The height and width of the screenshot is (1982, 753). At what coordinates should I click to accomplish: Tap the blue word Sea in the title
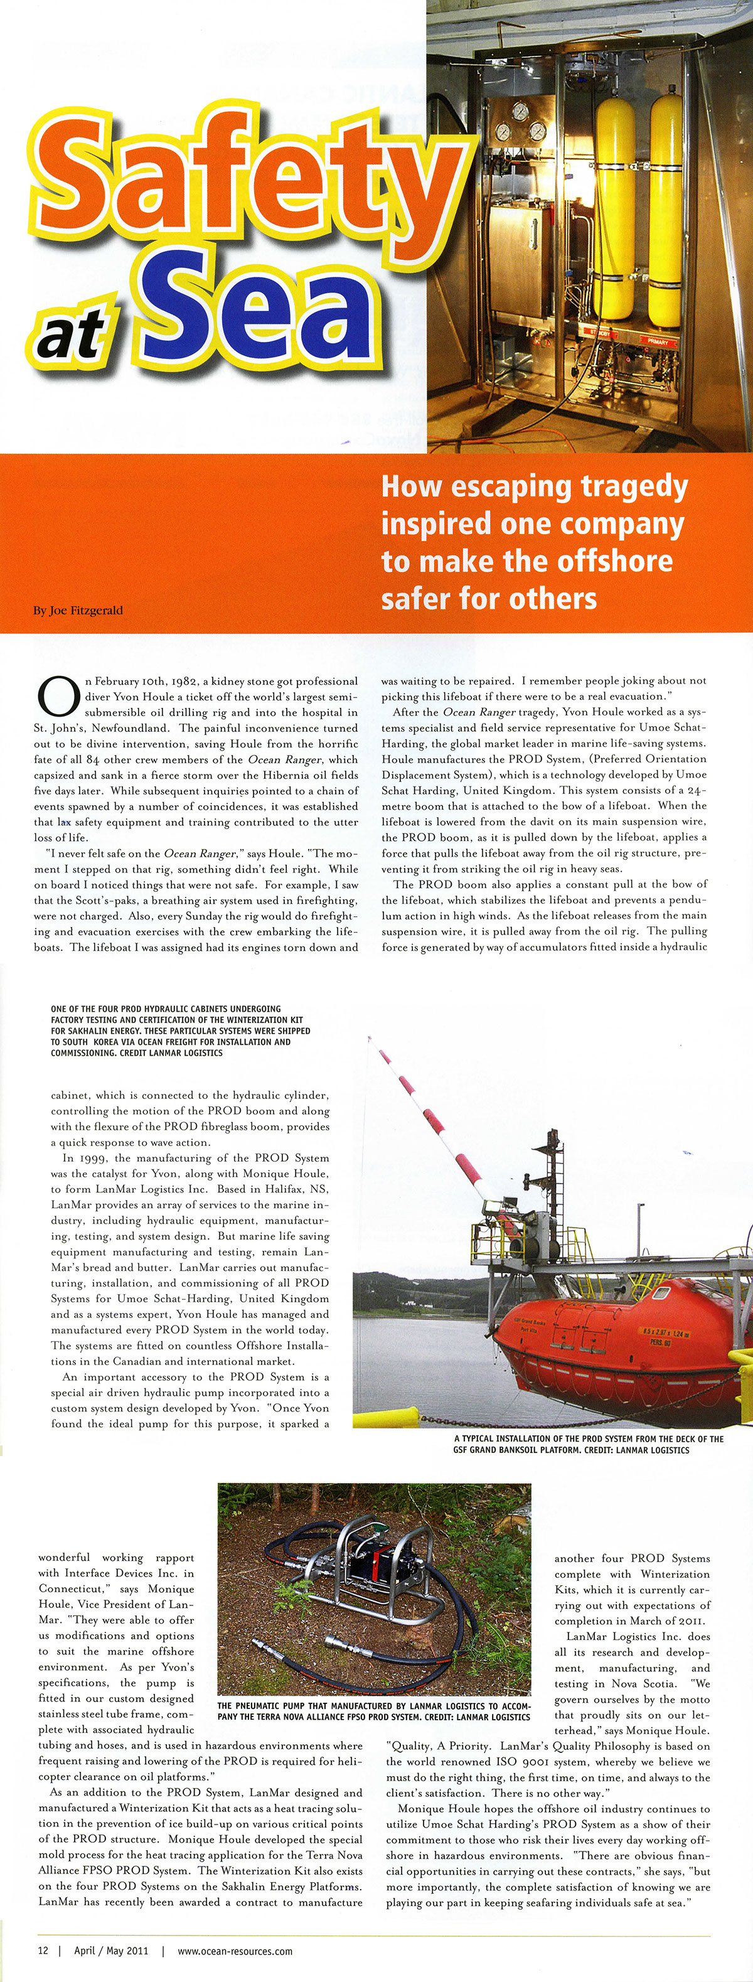pyautogui.click(x=262, y=312)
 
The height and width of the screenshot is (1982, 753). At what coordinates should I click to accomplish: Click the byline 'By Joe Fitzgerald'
pyautogui.click(x=78, y=610)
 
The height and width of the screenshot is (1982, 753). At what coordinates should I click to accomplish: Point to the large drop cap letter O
pyautogui.click(x=58, y=695)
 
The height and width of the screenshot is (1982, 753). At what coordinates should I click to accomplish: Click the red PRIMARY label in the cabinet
pyautogui.click(x=658, y=341)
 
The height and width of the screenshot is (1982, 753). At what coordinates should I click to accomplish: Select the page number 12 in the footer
pyautogui.click(x=43, y=1951)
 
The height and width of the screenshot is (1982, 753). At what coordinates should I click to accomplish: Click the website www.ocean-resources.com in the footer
pyautogui.click(x=235, y=1951)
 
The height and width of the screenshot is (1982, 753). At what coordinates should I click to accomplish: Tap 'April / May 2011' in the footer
pyautogui.click(x=111, y=1951)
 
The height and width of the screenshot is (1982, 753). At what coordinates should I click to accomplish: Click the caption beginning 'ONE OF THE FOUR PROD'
pyautogui.click(x=181, y=1031)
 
